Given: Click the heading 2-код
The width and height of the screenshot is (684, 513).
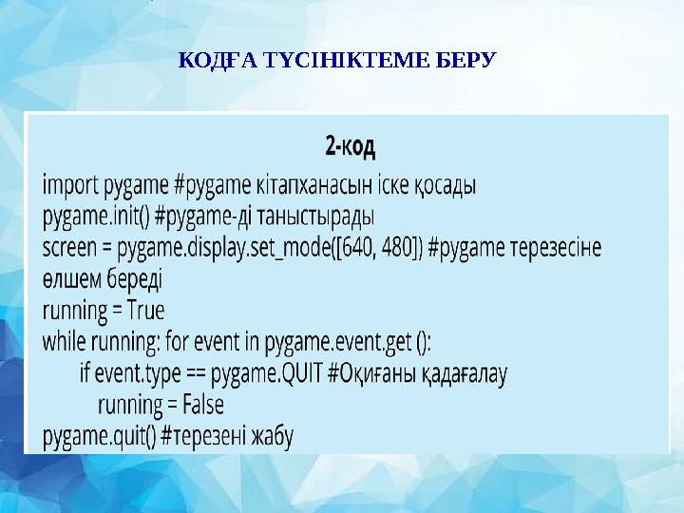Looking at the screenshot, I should (350, 147).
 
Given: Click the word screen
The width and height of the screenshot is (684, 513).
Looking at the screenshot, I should (72, 246).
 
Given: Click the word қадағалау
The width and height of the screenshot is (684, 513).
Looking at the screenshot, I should (466, 373).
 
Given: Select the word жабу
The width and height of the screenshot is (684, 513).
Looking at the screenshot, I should (273, 437).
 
